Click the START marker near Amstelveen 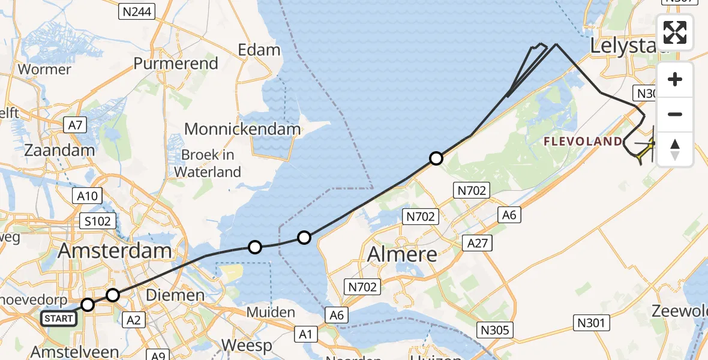(59, 318)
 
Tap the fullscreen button (675, 32)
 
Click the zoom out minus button (675, 114)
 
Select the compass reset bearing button (675, 149)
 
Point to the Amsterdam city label (115, 250)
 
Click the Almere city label (402, 254)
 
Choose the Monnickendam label (242, 128)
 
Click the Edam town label (259, 50)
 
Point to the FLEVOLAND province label (583, 142)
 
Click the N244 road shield (137, 11)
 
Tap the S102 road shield (98, 221)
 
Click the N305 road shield (495, 329)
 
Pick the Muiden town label (271, 313)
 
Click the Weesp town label (247, 346)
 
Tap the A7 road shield (76, 125)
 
